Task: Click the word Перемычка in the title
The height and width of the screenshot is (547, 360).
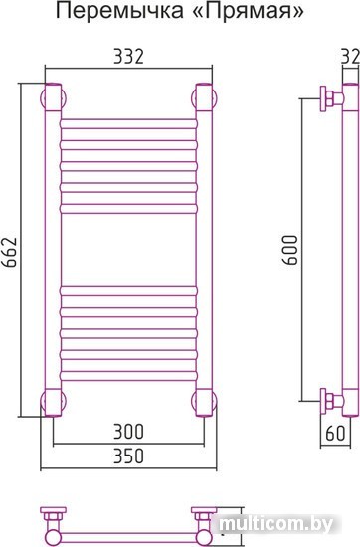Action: [119, 11]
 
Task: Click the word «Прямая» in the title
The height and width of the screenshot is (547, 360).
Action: [248, 11]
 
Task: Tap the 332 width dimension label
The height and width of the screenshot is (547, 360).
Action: [128, 57]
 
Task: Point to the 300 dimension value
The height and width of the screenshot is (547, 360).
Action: [128, 432]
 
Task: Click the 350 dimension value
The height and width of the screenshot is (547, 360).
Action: [128, 456]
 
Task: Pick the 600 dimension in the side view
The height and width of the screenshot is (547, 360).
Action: [290, 250]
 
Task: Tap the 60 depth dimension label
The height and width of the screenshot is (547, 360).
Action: [335, 434]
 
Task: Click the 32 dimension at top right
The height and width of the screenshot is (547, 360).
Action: [350, 57]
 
